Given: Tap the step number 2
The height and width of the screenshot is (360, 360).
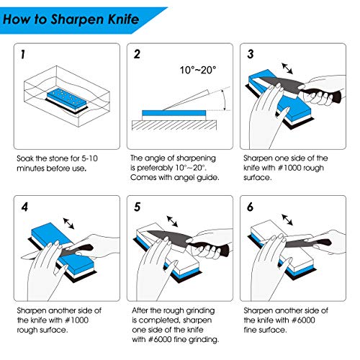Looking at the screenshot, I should click(x=138, y=55).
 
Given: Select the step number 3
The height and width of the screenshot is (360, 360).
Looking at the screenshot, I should click(x=250, y=55).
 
